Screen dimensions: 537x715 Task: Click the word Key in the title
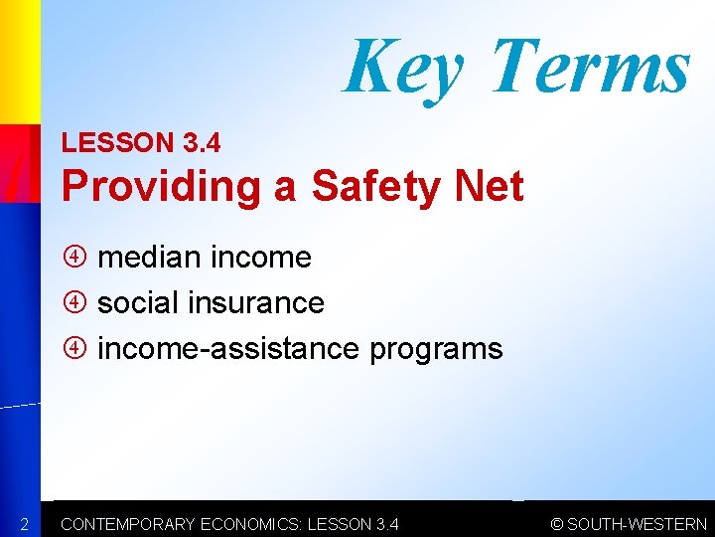[x=403, y=67]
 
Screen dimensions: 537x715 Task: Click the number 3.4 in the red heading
[x=202, y=143]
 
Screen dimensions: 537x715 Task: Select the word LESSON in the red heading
[x=117, y=143]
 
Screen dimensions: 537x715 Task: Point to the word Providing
[x=160, y=186]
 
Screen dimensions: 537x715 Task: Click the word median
[x=148, y=258]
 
